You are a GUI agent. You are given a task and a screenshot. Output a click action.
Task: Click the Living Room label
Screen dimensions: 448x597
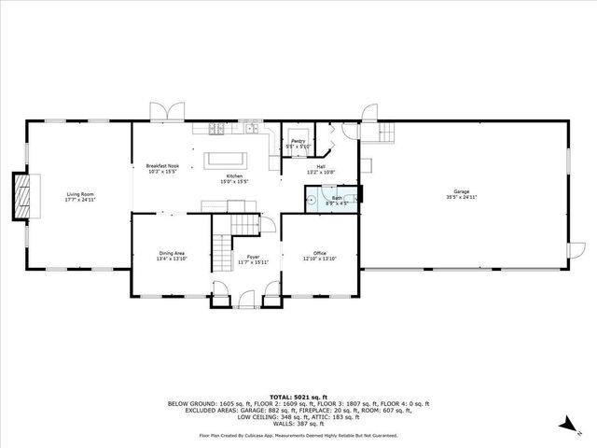click(x=80, y=193)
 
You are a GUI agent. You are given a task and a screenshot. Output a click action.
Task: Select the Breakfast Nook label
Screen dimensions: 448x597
click(x=161, y=166)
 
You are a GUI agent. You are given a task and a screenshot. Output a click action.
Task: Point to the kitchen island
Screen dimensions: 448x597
click(x=226, y=157)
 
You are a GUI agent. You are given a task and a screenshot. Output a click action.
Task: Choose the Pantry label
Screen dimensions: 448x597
click(x=298, y=141)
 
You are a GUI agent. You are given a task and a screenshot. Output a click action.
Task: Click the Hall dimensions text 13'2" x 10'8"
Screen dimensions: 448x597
click(x=320, y=172)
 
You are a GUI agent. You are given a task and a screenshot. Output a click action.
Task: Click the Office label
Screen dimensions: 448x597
click(x=318, y=252)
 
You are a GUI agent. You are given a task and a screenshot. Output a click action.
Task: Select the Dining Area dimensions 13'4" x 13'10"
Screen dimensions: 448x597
click(x=171, y=259)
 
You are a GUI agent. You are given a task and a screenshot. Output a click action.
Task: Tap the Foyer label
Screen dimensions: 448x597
click(x=253, y=256)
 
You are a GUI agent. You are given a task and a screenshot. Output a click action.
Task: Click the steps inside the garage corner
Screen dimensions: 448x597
click(x=385, y=135)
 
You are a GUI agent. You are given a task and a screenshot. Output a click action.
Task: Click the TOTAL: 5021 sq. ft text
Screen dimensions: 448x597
click(x=298, y=396)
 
